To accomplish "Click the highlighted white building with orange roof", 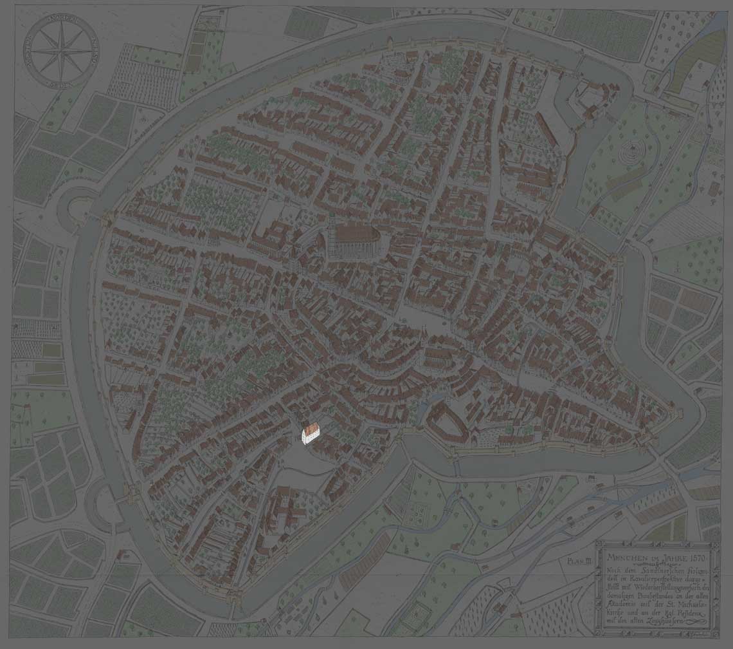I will [311, 433].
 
